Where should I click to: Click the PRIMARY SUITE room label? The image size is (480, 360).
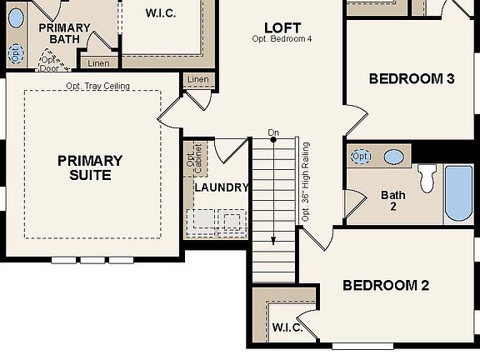pyautogui.click(x=90, y=167)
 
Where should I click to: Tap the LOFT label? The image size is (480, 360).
pyautogui.click(x=282, y=27)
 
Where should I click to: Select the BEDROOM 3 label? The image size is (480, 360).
pyautogui.click(x=411, y=79)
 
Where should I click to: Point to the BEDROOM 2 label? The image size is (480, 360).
pyautogui.click(x=386, y=286)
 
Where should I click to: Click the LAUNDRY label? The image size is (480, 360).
pyautogui.click(x=222, y=187)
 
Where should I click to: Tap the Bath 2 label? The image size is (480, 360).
pyautogui.click(x=393, y=201)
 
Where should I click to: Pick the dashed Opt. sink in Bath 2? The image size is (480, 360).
pyautogui.click(x=361, y=157)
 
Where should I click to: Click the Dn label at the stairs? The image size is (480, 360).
pyautogui.click(x=273, y=132)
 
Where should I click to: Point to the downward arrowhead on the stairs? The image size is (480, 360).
pyautogui.click(x=273, y=241)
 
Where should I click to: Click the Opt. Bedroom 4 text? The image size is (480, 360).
pyautogui.click(x=282, y=39)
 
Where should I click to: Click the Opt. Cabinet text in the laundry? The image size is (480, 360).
pyautogui.click(x=191, y=160)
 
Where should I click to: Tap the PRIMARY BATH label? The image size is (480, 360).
pyautogui.click(x=64, y=33)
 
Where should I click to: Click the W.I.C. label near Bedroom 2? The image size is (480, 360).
pyautogui.click(x=288, y=327)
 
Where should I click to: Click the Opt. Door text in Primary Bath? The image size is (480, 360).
pyautogui.click(x=50, y=64)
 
